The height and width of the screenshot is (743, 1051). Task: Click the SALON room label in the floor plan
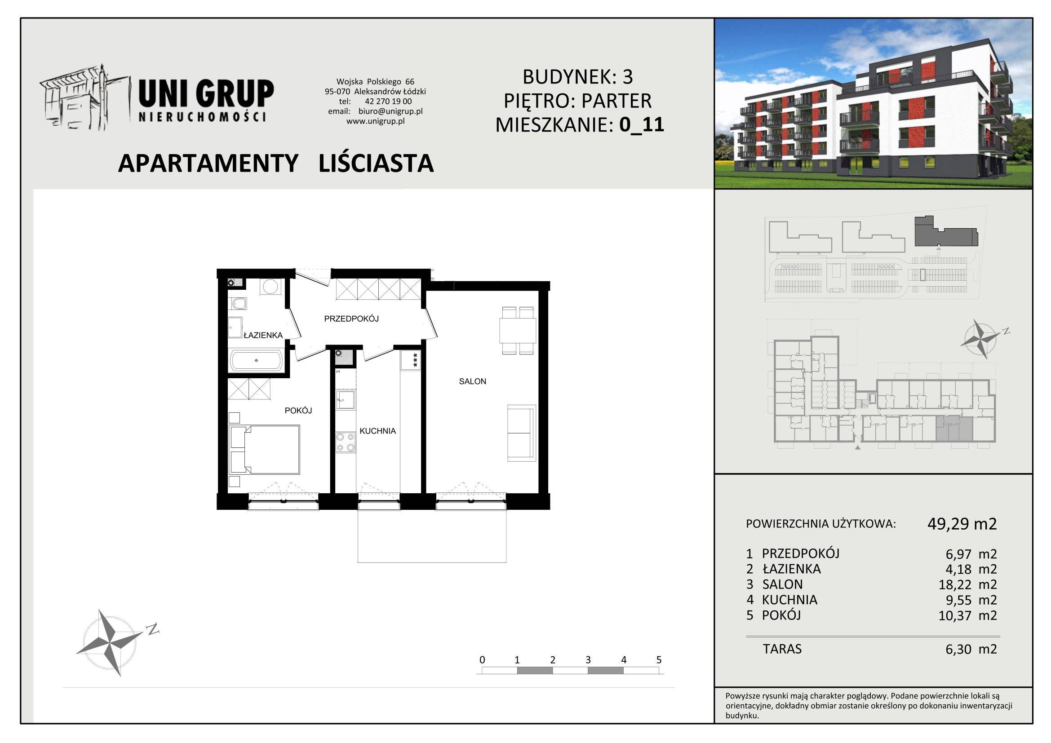[x=472, y=381]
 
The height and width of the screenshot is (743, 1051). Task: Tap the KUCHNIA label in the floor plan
[x=377, y=431]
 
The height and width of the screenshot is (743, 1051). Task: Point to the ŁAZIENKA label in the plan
[x=263, y=336]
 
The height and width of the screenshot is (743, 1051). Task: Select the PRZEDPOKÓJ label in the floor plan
[x=351, y=318]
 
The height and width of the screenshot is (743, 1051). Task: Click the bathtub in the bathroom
[x=256, y=361]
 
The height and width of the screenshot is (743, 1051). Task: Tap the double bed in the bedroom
[x=265, y=450]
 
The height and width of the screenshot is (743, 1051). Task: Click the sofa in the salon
[x=521, y=433]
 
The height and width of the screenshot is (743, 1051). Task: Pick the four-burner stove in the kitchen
[x=346, y=442]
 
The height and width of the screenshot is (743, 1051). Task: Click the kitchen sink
[x=346, y=400]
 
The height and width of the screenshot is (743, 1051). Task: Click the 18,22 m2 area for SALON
[x=967, y=585]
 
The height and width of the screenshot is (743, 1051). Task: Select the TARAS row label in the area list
[x=782, y=649]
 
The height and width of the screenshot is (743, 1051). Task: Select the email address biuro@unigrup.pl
[x=390, y=111]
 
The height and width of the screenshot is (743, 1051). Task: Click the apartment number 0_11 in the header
[x=642, y=124]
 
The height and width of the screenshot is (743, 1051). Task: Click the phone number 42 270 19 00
[x=388, y=102]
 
